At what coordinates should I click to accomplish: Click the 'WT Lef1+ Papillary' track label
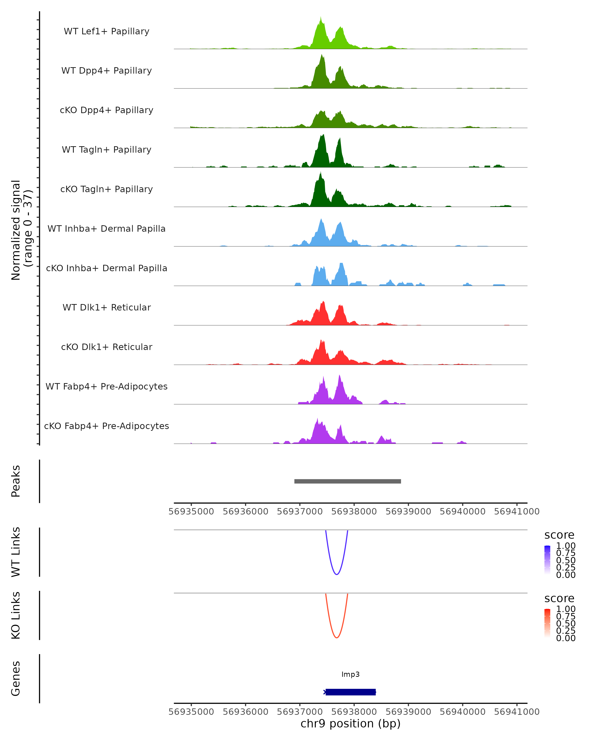tap(106, 31)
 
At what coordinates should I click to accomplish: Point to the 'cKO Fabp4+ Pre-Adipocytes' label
tap(106, 426)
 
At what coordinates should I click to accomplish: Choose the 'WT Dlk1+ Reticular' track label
tap(106, 307)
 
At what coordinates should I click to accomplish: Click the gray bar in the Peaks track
tap(348, 481)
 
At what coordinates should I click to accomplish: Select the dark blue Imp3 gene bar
tap(350, 692)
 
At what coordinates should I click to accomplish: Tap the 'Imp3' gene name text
tap(350, 674)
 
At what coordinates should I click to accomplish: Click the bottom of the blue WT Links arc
tap(337, 574)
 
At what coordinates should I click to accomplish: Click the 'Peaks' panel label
tap(16, 481)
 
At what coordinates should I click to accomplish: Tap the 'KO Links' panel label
tap(16, 615)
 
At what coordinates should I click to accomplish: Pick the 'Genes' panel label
tap(16, 679)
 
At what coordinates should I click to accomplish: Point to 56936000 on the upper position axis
tap(245, 512)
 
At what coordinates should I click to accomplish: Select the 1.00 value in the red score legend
tap(566, 609)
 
